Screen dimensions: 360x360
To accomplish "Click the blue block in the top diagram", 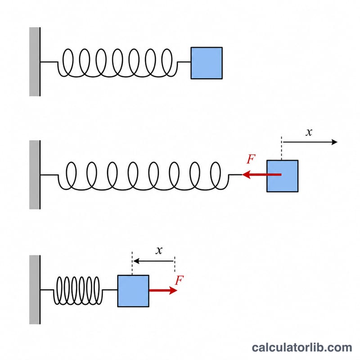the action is tap(207, 63).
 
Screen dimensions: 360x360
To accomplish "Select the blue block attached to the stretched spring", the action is tap(283, 176).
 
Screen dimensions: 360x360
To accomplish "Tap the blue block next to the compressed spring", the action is tap(133, 291).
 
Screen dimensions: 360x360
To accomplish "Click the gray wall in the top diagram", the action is tap(35, 62).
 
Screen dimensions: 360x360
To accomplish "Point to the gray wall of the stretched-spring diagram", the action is tap(35, 175).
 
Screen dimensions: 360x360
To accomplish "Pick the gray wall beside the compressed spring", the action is tap(35, 289).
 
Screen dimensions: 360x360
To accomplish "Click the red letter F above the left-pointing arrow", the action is tap(251, 159).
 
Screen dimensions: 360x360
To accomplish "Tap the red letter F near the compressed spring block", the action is tap(179, 280).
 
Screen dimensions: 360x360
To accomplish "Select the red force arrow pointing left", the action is tap(262, 175).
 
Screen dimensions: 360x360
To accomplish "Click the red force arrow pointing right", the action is tap(163, 290).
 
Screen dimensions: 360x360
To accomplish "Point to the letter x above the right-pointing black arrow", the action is tap(309, 132).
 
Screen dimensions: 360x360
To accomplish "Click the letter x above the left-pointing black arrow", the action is tap(159, 250).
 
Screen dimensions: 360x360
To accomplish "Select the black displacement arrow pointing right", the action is tap(310, 142).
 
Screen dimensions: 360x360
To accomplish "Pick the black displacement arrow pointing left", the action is tap(153, 261).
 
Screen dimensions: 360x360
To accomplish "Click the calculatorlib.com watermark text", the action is tap(301, 347).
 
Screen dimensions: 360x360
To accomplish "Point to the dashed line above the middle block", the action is tap(282, 148).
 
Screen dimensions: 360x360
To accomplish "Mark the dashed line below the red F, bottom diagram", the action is tap(175, 264).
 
